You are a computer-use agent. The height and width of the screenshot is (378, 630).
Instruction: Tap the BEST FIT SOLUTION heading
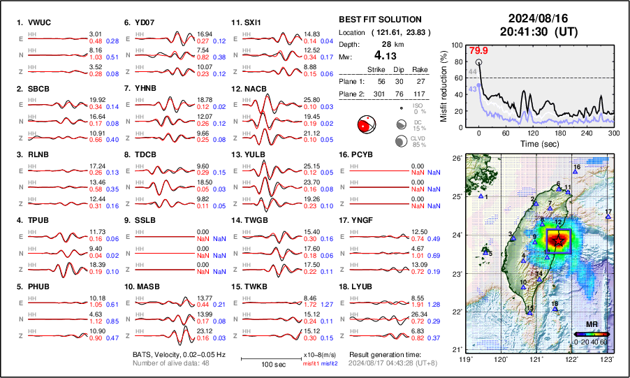(379, 20)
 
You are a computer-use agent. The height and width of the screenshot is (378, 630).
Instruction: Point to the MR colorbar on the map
(591, 334)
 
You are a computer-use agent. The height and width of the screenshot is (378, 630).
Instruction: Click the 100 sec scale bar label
(272, 365)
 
